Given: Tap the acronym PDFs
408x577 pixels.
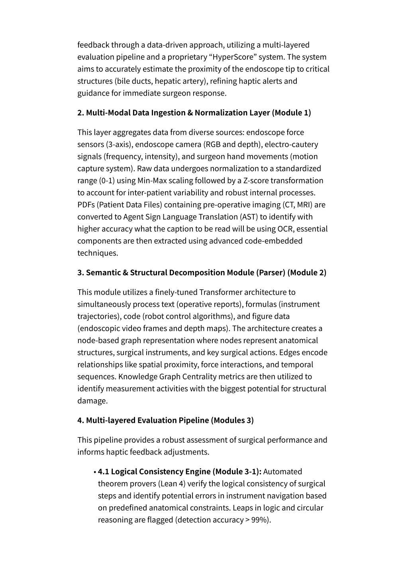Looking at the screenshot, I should pyautogui.click(x=86, y=205).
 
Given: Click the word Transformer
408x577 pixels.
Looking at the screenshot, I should pyautogui.click(x=221, y=292).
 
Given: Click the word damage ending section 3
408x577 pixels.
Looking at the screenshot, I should pyautogui.click(x=92, y=401).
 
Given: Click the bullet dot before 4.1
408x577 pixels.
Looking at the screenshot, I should pyautogui.click(x=95, y=472).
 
